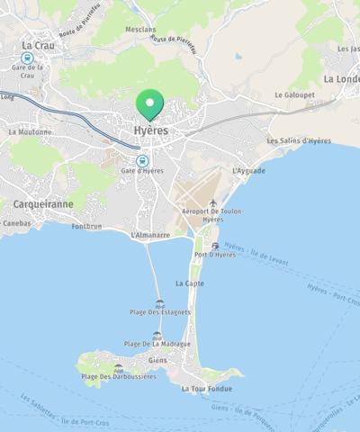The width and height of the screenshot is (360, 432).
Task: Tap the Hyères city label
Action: (150, 131)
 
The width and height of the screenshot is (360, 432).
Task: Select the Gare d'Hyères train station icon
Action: (141, 160)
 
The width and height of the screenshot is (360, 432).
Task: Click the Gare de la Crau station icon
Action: (27, 57)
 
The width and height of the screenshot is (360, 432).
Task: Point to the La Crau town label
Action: (39, 44)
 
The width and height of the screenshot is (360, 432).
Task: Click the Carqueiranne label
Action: (43, 204)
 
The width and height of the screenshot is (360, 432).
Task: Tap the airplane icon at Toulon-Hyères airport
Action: (212, 203)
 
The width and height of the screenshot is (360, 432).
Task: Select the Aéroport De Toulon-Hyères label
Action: (212, 215)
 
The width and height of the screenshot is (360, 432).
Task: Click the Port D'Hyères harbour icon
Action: (214, 245)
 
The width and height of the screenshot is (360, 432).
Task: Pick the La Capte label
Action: (189, 283)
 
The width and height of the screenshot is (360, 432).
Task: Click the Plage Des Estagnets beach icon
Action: (160, 303)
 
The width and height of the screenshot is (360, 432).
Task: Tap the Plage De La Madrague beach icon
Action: (158, 335)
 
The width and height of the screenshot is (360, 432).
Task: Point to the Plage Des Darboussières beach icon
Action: (118, 367)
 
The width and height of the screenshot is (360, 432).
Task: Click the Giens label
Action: (157, 360)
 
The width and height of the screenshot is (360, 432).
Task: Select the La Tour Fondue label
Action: (206, 389)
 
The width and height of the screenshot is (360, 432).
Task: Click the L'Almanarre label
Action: (149, 235)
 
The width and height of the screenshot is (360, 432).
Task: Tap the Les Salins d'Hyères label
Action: (299, 141)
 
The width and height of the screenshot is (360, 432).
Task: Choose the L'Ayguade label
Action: (247, 170)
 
